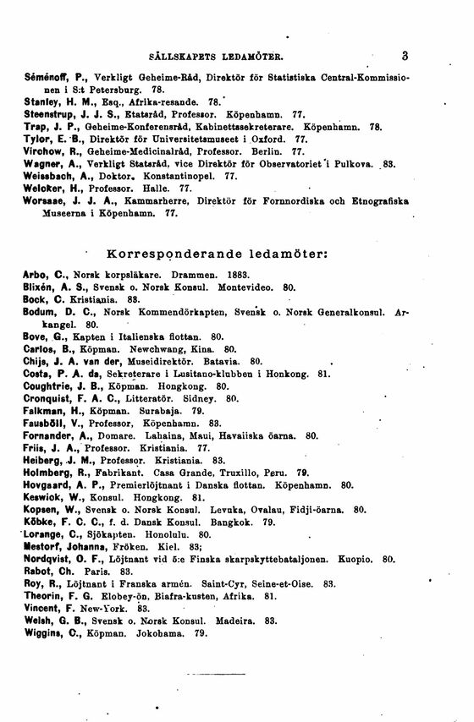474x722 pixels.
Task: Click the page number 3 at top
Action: [x=405, y=57]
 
